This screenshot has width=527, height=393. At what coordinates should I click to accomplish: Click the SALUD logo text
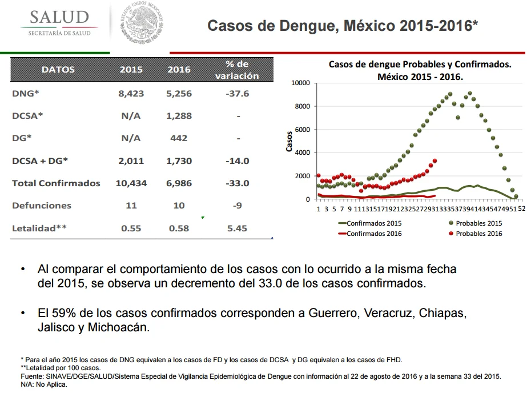point(59,17)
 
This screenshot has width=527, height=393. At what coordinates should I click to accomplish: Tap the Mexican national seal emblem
point(142,22)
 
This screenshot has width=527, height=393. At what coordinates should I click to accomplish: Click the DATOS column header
point(58,70)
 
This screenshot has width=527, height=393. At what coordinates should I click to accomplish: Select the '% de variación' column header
point(237,70)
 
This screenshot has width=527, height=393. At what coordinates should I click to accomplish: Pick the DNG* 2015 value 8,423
point(131,94)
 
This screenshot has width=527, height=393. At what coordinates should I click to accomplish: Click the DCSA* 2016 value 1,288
point(179,116)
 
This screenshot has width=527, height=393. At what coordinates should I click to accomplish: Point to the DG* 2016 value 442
point(179,138)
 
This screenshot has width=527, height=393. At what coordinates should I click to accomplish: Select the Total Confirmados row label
point(56,183)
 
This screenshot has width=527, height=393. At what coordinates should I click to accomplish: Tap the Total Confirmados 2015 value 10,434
point(131,183)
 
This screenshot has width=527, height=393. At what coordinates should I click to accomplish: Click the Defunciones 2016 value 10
point(179,206)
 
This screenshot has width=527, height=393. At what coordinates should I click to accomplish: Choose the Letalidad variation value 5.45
point(237,228)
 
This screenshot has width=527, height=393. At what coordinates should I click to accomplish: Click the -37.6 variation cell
point(238,94)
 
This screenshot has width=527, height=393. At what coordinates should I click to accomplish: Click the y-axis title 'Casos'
point(289,142)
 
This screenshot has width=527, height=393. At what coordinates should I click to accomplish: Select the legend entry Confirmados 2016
point(370,234)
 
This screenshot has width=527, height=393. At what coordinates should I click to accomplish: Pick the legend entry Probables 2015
point(475,223)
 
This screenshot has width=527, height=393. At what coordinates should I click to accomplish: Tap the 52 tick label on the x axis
point(521,208)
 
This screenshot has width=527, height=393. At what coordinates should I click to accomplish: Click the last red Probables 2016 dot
point(435,161)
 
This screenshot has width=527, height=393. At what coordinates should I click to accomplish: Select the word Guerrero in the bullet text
point(334,313)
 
